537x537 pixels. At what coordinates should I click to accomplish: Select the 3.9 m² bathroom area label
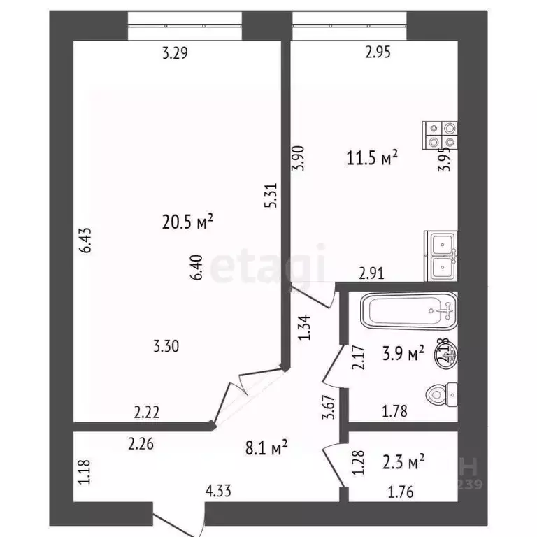(x=406, y=355)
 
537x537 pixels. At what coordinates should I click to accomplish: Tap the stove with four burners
(x=441, y=136)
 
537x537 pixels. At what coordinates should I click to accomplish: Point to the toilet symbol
(x=443, y=396)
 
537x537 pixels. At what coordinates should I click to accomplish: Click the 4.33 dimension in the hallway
(x=218, y=492)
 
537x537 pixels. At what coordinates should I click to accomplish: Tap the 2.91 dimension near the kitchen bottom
(x=371, y=273)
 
